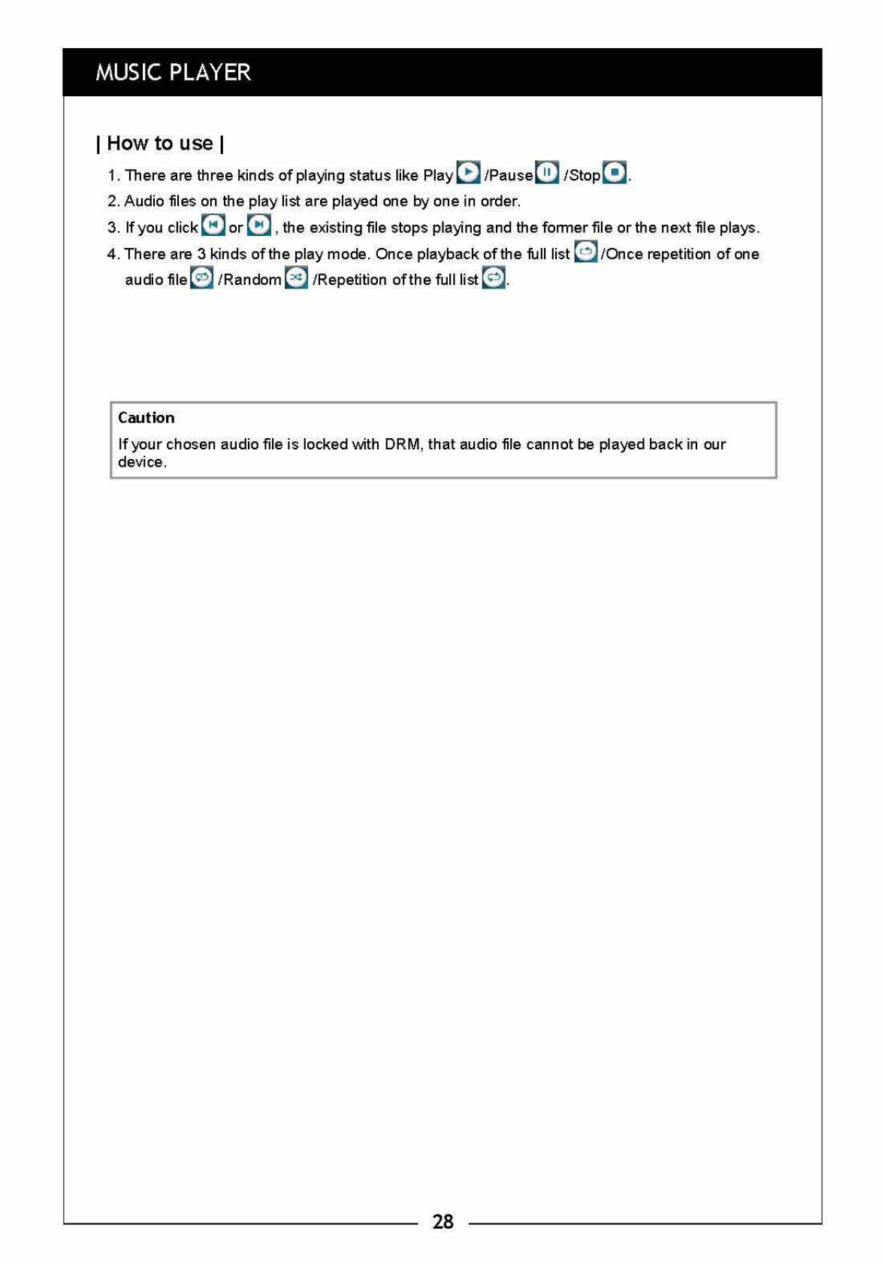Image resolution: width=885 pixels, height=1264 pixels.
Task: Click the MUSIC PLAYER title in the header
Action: click(173, 72)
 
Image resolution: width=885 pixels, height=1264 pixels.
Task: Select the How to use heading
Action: click(160, 143)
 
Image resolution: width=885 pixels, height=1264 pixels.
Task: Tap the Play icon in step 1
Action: click(468, 172)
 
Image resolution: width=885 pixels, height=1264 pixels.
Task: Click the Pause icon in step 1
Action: click(547, 172)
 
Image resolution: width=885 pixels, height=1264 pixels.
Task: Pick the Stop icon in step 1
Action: click(615, 172)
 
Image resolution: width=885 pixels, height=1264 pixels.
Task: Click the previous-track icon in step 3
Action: click(213, 225)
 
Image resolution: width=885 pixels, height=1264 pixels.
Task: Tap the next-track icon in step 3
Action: click(258, 225)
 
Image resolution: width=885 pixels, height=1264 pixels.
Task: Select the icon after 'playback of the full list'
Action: click(585, 251)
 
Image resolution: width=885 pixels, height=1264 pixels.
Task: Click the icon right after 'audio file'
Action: click(201, 277)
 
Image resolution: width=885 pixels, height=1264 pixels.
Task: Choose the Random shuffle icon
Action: click(296, 277)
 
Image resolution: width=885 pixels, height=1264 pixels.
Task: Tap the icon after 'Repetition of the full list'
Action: click(493, 277)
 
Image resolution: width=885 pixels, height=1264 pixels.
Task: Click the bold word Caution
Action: click(146, 418)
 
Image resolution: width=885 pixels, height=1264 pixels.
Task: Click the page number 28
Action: click(442, 1221)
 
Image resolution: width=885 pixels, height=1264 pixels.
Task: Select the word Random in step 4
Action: click(252, 280)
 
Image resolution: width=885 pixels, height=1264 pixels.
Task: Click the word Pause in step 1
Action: click(511, 175)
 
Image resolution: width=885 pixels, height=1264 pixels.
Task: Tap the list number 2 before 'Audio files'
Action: click(113, 201)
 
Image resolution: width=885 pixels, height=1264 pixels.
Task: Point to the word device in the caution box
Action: click(140, 462)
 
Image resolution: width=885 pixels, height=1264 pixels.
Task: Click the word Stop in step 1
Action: click(585, 175)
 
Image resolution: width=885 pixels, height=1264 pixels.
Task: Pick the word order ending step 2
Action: click(499, 201)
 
